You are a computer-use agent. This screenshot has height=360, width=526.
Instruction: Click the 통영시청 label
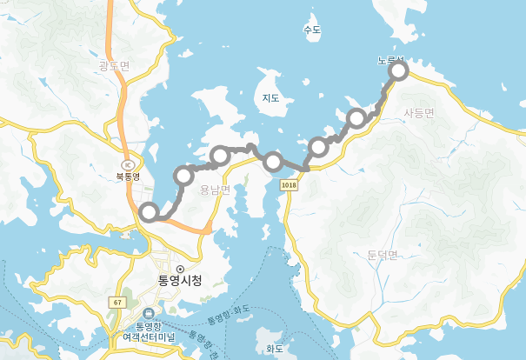(180, 281)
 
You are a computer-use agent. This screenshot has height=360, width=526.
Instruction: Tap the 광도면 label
(114, 65)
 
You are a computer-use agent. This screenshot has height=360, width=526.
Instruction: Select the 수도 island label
(312, 30)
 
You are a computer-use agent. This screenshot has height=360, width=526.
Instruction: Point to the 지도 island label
(270, 98)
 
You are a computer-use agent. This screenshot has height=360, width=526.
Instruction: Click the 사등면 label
(419, 112)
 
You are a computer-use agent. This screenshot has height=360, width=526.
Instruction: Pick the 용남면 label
(215, 190)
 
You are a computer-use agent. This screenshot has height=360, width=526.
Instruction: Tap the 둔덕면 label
(376, 255)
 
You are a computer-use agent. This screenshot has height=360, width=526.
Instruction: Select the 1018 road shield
(290, 185)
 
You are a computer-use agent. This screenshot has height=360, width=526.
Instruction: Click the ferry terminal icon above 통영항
(148, 314)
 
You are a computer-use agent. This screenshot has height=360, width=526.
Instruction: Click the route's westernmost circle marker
(149, 211)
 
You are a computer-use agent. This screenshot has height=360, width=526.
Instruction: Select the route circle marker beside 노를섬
(398, 71)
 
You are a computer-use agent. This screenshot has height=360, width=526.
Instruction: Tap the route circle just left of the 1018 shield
(273, 161)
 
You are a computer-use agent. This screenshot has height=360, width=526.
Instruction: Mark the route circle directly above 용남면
(220, 157)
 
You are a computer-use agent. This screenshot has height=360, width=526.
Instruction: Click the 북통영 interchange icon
(129, 163)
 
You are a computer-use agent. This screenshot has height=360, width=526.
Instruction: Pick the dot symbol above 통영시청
(180, 268)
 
